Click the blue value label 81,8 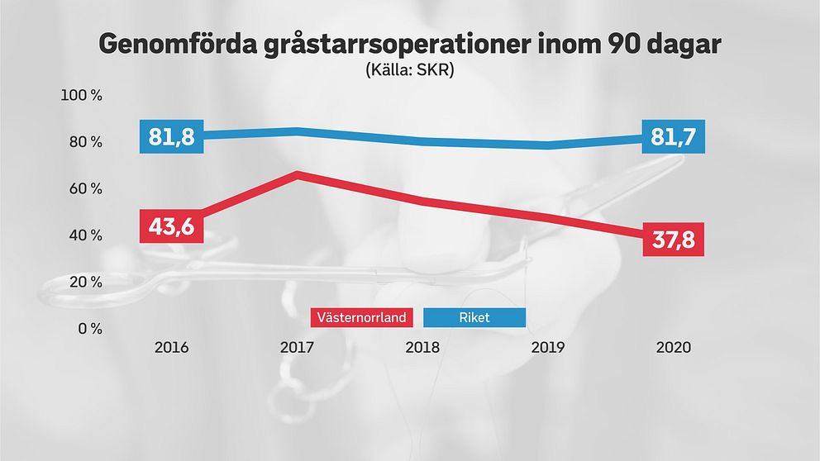(x=172, y=136)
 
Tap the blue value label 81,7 (x=673, y=136)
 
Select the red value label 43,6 (x=172, y=226)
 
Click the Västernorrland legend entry (x=364, y=318)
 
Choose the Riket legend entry (x=474, y=318)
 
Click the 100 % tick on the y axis (x=83, y=96)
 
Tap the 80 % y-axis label (x=85, y=142)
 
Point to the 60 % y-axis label (x=85, y=188)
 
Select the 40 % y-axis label (x=85, y=235)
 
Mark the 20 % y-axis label (x=85, y=282)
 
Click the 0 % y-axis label (x=88, y=329)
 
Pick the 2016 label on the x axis (x=171, y=347)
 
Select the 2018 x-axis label (x=422, y=347)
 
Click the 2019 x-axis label (x=547, y=347)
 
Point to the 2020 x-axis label (x=673, y=347)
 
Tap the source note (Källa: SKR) (x=410, y=71)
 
